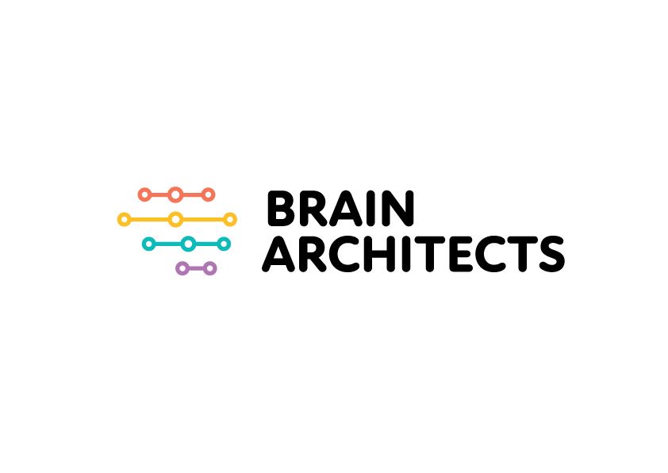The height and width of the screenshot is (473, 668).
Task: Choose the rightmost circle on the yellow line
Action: [x=236, y=220]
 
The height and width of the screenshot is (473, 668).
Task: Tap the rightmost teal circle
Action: [x=229, y=244]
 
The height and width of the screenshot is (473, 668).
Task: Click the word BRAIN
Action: [x=340, y=208]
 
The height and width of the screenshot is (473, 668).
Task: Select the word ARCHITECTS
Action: [x=413, y=253]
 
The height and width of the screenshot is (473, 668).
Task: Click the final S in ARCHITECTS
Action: [x=552, y=253]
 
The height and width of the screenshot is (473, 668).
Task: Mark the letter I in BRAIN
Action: [x=370, y=208]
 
